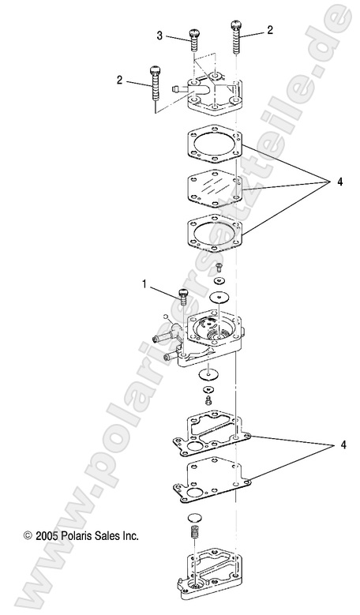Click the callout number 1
point(144,283)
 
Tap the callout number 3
point(159,36)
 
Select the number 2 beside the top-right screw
point(270,31)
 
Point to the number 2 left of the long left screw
point(119,80)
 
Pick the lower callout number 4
point(321,445)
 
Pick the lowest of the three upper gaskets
point(213,234)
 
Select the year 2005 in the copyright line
point(47,534)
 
